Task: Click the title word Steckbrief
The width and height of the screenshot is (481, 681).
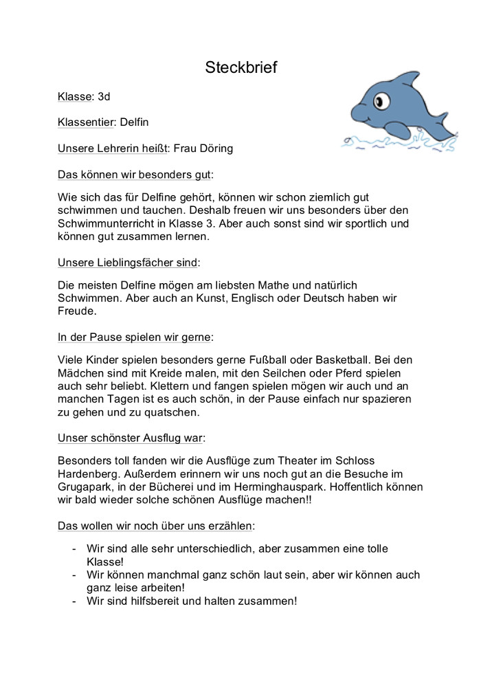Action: click(x=240, y=67)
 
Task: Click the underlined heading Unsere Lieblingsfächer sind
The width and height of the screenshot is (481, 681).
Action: click(x=128, y=262)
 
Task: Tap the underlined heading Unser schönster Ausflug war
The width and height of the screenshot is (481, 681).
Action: click(x=131, y=437)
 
